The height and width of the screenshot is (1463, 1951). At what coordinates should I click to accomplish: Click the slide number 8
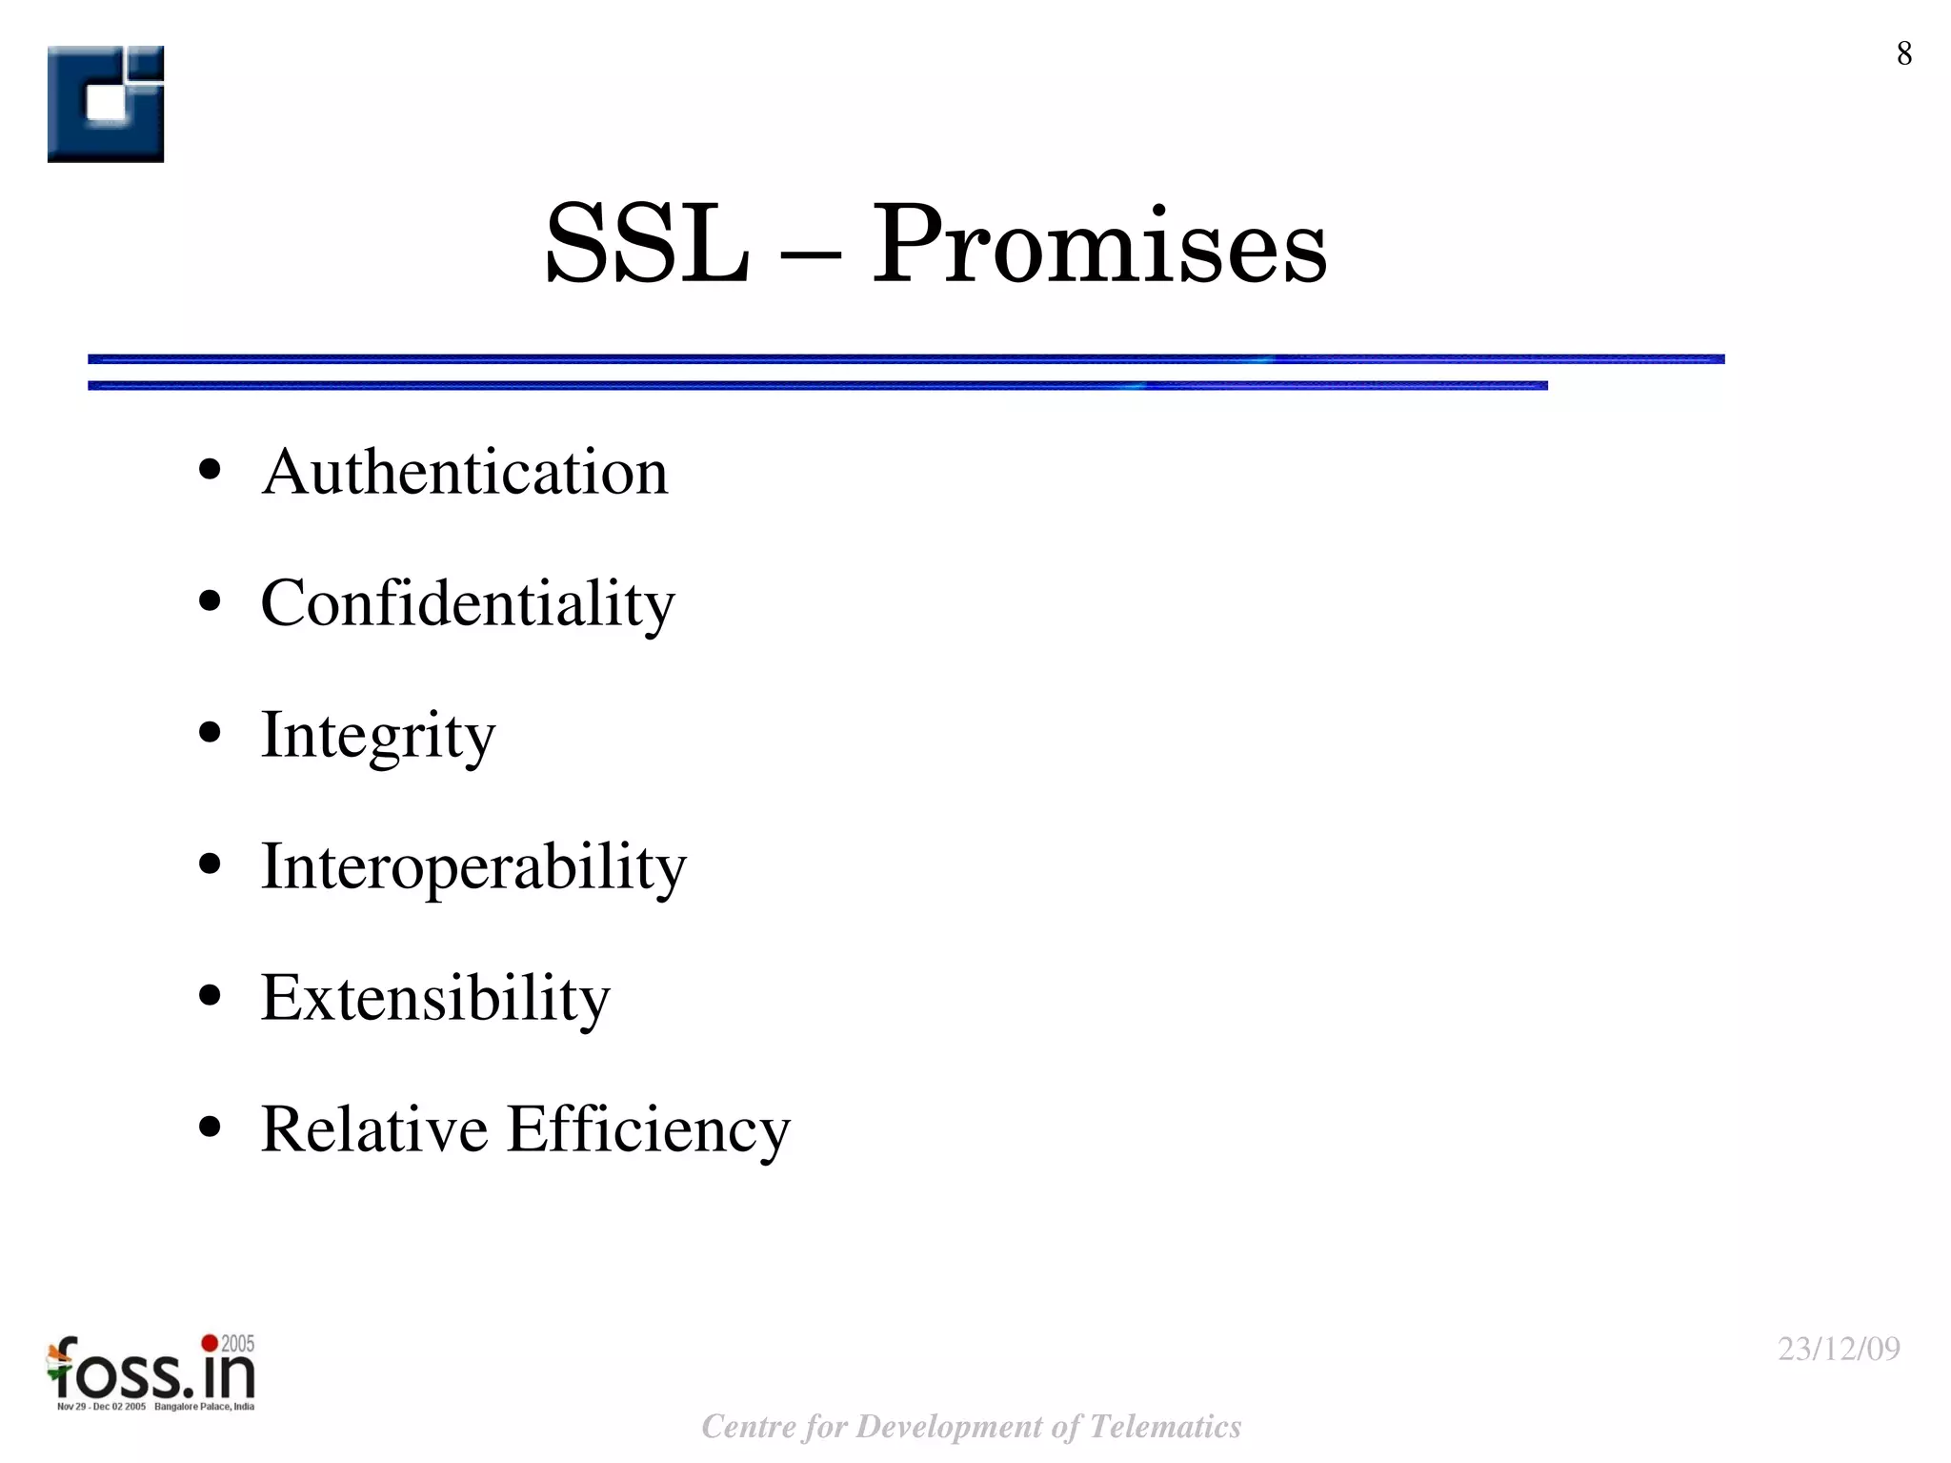1903,54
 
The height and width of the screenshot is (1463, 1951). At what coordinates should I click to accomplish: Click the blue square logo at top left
106,104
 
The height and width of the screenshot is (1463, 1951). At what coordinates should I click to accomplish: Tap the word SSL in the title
646,245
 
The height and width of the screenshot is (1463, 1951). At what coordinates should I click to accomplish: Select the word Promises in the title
1099,245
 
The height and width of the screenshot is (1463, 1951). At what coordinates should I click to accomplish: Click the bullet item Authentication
465,472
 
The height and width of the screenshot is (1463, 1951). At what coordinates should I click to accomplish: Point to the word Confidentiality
468,603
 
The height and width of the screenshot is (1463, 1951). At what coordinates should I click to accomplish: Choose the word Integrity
378,735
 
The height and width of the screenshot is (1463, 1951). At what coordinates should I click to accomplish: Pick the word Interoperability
473,866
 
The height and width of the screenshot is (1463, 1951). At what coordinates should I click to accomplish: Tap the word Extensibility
435,998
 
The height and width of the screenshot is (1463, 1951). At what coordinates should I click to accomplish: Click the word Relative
374,1129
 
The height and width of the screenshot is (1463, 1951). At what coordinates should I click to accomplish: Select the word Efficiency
649,1129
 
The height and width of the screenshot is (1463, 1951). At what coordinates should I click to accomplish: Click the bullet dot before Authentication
211,471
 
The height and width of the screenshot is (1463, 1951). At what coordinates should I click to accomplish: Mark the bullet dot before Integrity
211,734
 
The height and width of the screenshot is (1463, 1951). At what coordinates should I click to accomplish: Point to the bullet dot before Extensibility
211,997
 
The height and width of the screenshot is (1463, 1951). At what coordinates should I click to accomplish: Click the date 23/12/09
1839,1349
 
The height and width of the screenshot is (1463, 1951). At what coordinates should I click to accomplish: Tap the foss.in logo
151,1372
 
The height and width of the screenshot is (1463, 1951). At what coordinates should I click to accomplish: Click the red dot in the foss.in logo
209,1343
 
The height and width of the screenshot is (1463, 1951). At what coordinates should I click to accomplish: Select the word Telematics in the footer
1164,1427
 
